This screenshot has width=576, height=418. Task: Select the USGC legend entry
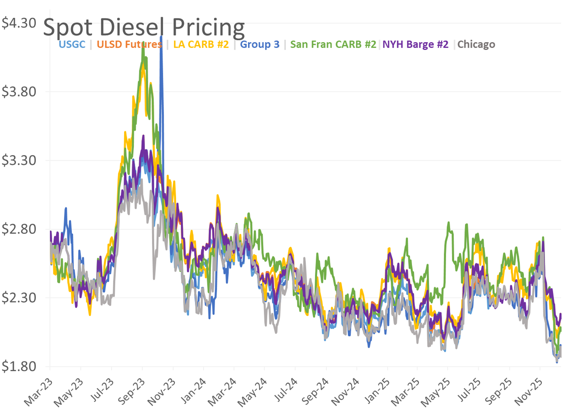pyautogui.click(x=72, y=44)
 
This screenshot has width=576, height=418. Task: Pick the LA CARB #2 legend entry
pyautogui.click(x=201, y=44)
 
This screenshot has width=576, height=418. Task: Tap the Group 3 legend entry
pyautogui.click(x=259, y=44)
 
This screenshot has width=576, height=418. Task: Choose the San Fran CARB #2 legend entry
pyautogui.click(x=333, y=44)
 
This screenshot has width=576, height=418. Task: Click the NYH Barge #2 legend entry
pyautogui.click(x=415, y=44)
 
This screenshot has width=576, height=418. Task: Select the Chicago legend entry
pyautogui.click(x=476, y=44)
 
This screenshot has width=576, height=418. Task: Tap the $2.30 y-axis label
pyautogui.click(x=19, y=298)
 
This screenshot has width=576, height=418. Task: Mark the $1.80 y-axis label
pyautogui.click(x=19, y=366)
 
